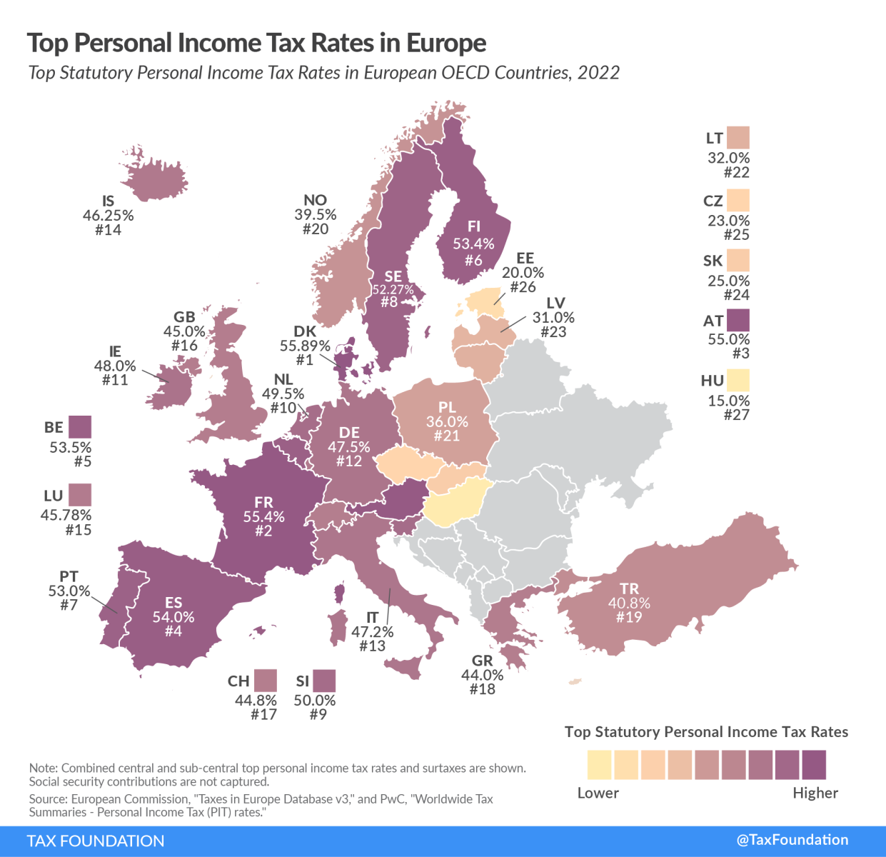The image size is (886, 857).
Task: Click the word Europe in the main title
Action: (446, 44)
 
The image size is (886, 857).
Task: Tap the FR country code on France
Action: (263, 502)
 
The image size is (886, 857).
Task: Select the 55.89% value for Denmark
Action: (305, 346)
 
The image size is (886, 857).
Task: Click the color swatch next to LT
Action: (738, 138)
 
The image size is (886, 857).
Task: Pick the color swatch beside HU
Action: (738, 380)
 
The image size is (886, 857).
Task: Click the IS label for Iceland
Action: (109, 201)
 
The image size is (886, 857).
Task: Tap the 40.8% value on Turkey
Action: (629, 603)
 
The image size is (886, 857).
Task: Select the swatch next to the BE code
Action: (80, 427)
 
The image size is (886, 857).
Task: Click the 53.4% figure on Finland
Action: (473, 244)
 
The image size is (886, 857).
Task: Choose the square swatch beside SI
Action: (324, 681)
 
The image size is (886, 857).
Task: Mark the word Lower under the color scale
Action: (598, 793)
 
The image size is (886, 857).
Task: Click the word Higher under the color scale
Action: (815, 793)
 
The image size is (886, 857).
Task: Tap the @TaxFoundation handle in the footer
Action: (792, 840)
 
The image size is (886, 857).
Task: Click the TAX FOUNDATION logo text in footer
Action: (96, 841)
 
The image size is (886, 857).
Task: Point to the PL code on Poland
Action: (447, 407)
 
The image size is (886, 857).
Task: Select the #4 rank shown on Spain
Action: (173, 631)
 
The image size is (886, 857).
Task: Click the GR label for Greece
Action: (483, 661)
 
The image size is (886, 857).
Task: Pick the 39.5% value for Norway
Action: (315, 215)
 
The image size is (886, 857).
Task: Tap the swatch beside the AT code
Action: (738, 321)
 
